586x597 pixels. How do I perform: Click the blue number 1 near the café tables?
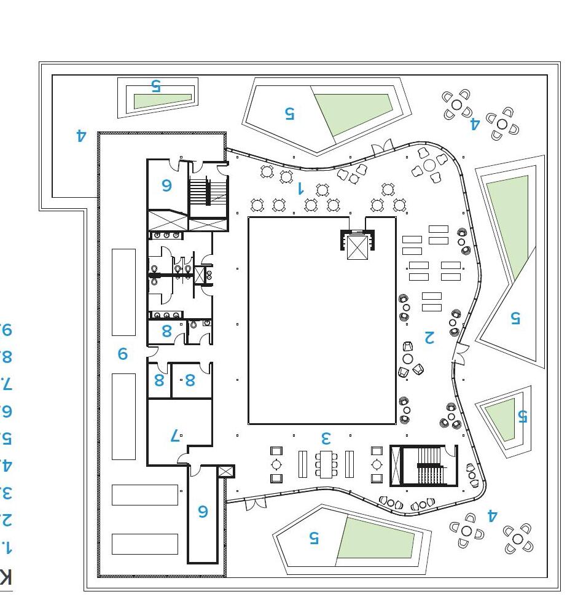[300, 188]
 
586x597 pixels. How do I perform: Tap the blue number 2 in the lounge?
[429, 336]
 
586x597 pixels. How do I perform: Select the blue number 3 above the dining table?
[326, 438]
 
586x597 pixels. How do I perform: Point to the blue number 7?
[175, 436]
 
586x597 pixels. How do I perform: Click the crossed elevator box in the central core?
[357, 247]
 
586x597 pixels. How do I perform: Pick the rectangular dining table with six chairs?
[326, 464]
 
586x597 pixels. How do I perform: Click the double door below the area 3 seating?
[253, 503]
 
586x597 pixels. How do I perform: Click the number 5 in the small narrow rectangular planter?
[155, 86]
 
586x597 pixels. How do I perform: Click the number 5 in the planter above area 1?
[289, 113]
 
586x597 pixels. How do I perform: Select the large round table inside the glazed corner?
[429, 165]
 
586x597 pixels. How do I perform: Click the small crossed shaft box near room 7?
[226, 472]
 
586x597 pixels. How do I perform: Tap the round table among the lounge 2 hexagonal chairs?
[408, 359]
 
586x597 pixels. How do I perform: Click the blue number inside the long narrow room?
[203, 511]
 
